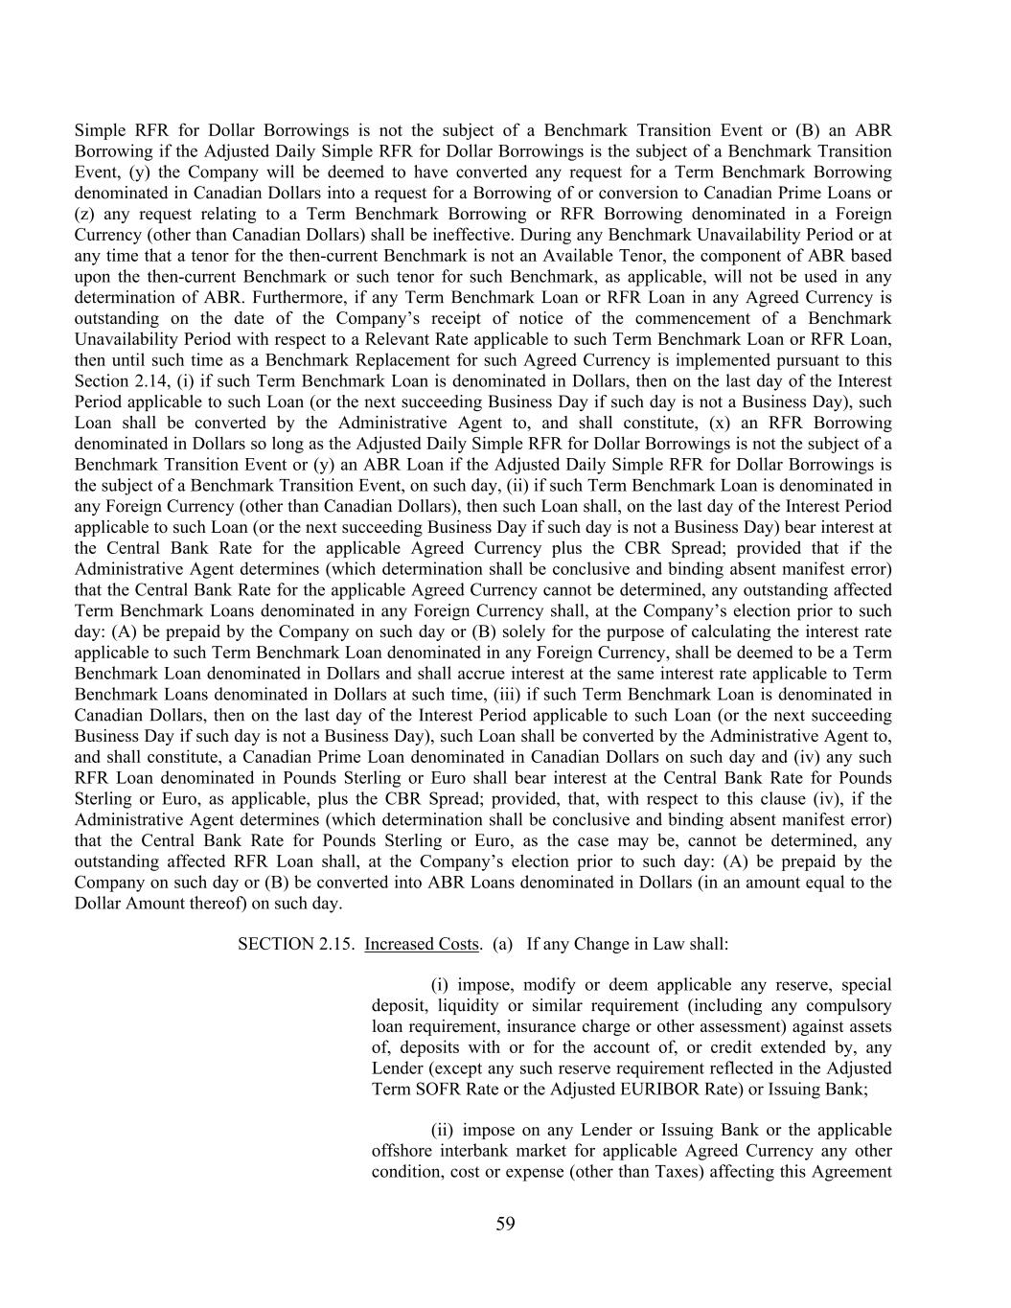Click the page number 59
pyautogui.click(x=505, y=1224)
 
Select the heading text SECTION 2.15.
pyautogui.click(x=296, y=944)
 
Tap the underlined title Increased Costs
pyautogui.click(x=421, y=944)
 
